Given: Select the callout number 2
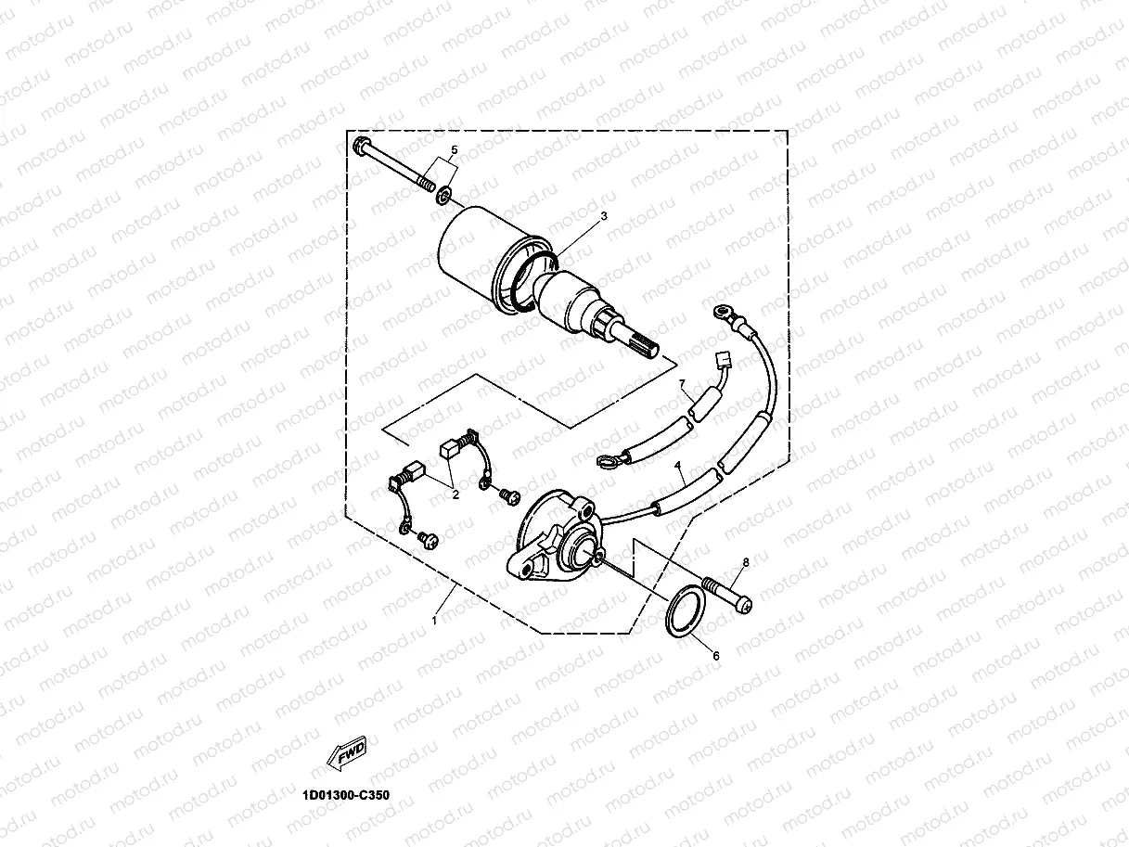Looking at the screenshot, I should [x=455, y=495].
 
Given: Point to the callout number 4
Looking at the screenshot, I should [x=678, y=466].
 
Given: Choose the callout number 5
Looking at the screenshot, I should [x=455, y=149].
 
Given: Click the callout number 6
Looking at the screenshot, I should [x=715, y=655].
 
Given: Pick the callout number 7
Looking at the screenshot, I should [x=682, y=383].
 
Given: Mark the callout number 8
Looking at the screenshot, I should [x=744, y=562].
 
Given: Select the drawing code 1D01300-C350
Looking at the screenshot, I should [x=346, y=795].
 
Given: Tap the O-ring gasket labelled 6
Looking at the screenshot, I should [x=687, y=611].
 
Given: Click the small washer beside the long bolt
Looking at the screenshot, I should [x=444, y=195].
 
